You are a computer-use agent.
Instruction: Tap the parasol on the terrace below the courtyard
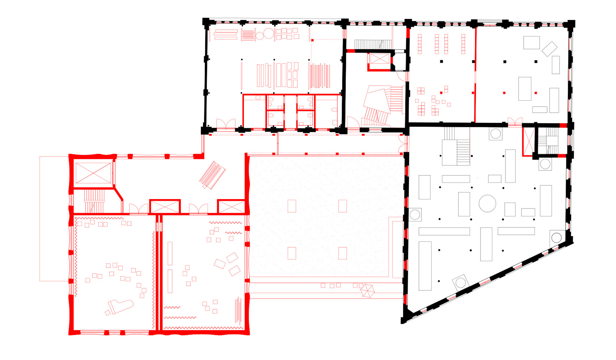pos(367,290)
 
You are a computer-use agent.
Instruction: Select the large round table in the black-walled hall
pos(487,203)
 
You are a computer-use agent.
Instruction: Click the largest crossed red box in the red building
pos(93,173)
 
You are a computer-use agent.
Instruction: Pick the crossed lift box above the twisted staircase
pos(379,61)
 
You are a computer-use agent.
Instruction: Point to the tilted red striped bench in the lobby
pos(212,174)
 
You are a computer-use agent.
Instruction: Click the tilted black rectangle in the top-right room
pos(549,49)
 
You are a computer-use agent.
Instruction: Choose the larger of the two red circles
pos(269,34)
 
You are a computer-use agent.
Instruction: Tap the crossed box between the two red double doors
pos(165,207)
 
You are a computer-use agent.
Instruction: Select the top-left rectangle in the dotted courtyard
pos(292,206)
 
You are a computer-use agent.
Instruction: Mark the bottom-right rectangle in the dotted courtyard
pos(342,253)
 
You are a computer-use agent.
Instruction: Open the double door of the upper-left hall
pos(226,124)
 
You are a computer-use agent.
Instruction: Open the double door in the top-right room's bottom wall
pos(515,121)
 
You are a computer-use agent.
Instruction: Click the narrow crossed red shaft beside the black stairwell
pos(528,141)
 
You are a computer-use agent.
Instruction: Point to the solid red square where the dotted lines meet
pos(312,40)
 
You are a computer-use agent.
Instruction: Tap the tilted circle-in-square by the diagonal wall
pos(461,282)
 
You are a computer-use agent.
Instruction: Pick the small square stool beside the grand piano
pos(108,313)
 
